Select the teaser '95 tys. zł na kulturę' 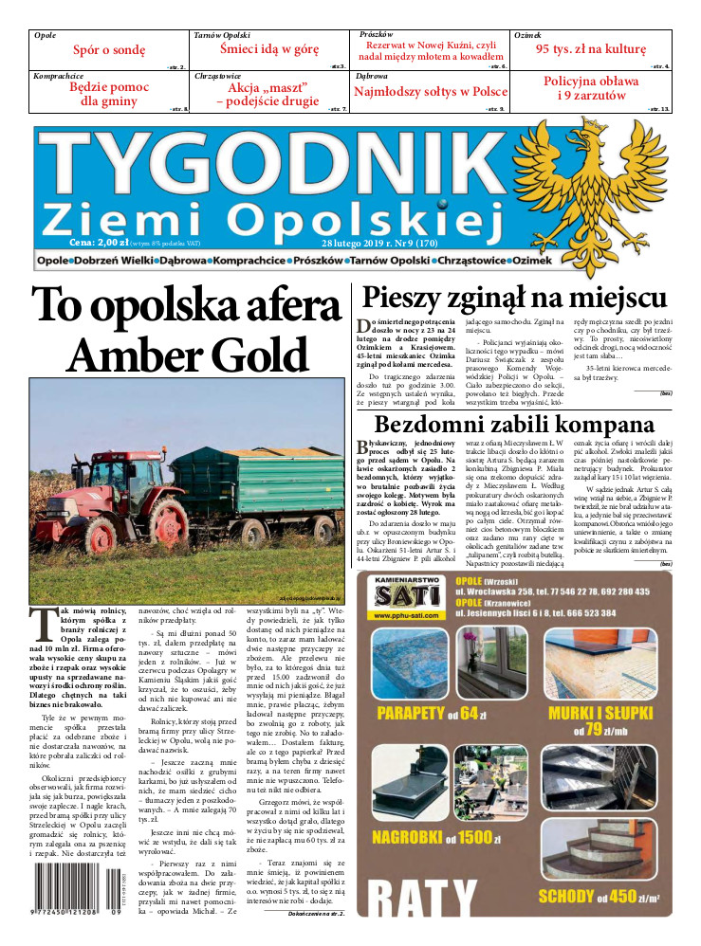point(591,49)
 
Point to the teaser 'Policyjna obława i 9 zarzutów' point(591,89)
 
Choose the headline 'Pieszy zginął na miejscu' point(515,299)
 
